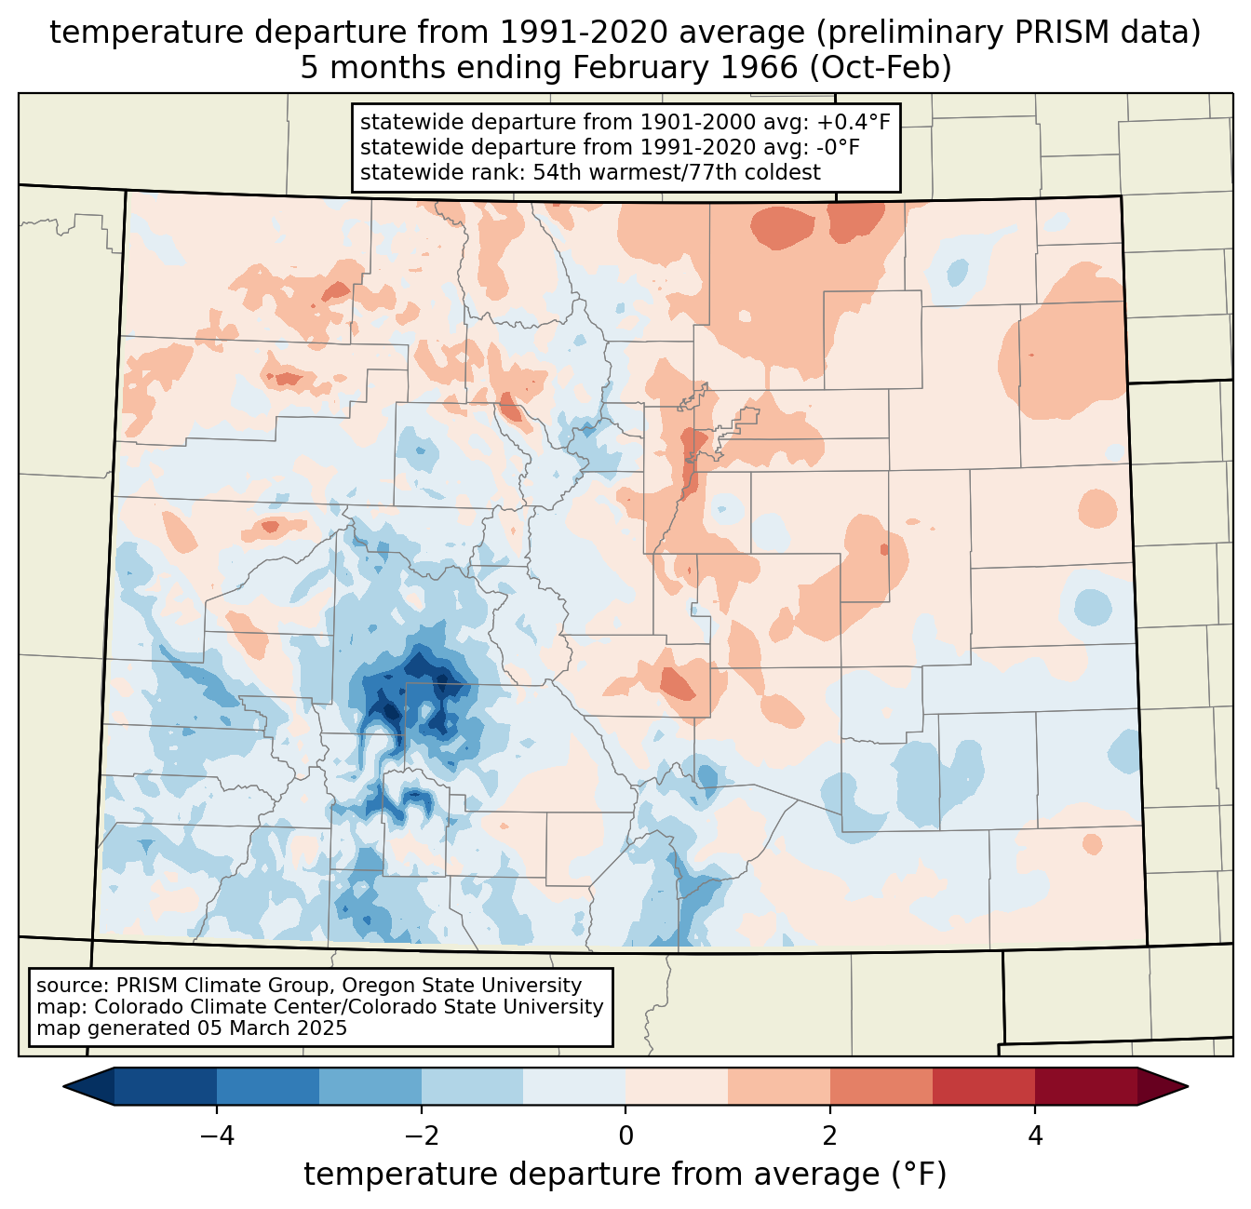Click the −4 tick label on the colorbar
click(x=216, y=1136)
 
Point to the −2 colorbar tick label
click(x=421, y=1136)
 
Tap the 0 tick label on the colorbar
click(x=625, y=1136)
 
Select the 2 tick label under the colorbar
click(x=830, y=1136)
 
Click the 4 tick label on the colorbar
click(x=1035, y=1136)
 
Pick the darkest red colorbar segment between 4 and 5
click(x=1085, y=1086)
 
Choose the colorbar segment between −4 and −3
click(x=268, y=1086)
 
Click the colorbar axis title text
click(x=625, y=1175)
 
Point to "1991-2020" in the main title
click(x=566, y=33)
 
